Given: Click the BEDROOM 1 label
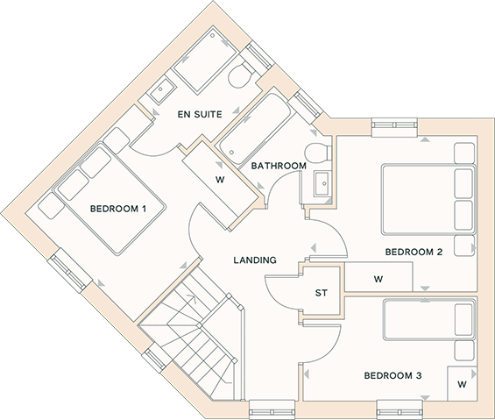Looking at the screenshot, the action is [x=118, y=209].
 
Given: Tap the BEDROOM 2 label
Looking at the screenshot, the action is [x=414, y=252].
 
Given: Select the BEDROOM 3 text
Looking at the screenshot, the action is [x=393, y=376].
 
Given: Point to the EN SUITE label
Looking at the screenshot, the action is [x=200, y=114].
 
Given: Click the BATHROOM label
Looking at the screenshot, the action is [x=279, y=166].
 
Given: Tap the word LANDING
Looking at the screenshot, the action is [x=255, y=260].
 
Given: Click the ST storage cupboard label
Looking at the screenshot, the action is [x=322, y=293].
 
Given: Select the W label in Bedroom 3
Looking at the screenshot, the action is [x=462, y=384].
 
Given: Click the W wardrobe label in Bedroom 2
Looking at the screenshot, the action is [x=378, y=279].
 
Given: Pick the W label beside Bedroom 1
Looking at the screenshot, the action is [x=220, y=180].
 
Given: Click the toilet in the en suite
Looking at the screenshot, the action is [x=241, y=75].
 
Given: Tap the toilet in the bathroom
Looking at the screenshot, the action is [x=318, y=153].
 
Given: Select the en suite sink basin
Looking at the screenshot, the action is [x=162, y=89].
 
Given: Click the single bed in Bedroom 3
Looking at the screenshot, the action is [x=429, y=320].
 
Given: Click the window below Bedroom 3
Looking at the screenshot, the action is [x=400, y=409].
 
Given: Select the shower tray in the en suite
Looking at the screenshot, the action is [x=204, y=61].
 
